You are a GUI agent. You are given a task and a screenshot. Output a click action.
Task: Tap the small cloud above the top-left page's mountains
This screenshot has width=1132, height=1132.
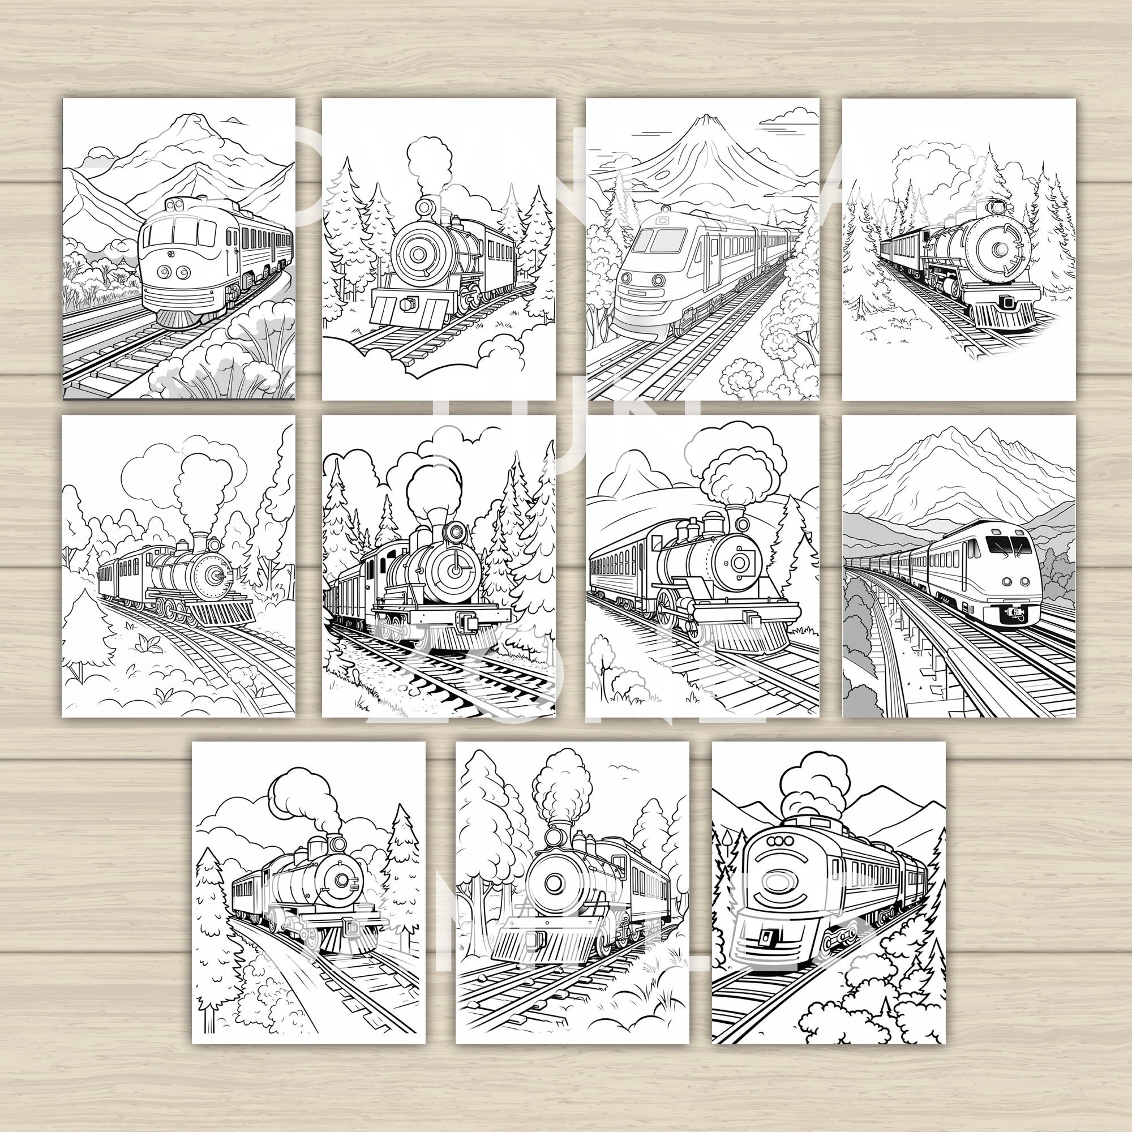(x=235, y=121)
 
